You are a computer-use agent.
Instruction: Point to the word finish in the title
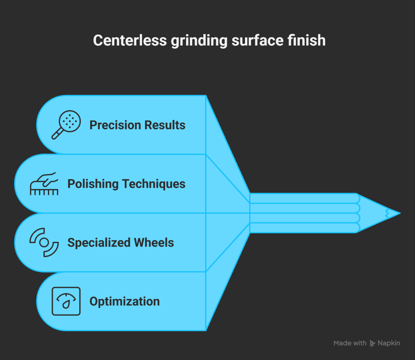308,41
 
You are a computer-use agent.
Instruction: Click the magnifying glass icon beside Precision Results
66,125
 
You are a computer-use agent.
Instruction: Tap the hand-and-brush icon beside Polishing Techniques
44,184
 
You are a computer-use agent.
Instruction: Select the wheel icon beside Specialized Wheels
44,242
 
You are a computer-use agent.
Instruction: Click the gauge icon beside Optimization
66,301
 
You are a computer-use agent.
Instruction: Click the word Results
166,125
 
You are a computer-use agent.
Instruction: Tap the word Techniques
154,184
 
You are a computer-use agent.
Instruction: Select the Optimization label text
124,301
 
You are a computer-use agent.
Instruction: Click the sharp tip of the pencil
398,213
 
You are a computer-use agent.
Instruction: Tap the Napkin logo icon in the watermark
372,343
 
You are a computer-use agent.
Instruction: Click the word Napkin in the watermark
389,343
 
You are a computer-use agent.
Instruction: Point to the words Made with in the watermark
350,343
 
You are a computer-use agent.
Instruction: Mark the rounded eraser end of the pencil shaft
357,213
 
